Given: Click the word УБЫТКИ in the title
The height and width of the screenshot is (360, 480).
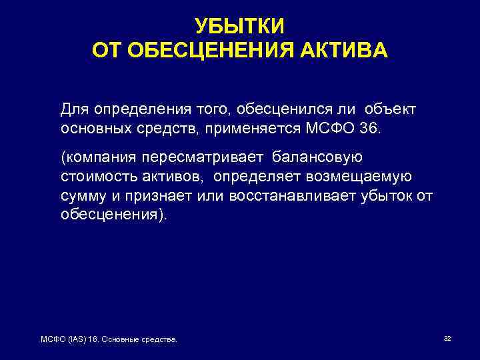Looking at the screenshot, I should pos(239,26).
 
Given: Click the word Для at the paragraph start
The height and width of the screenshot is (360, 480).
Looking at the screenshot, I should pos(74,108).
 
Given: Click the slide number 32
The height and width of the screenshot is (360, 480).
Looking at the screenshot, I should pos(447,339).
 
